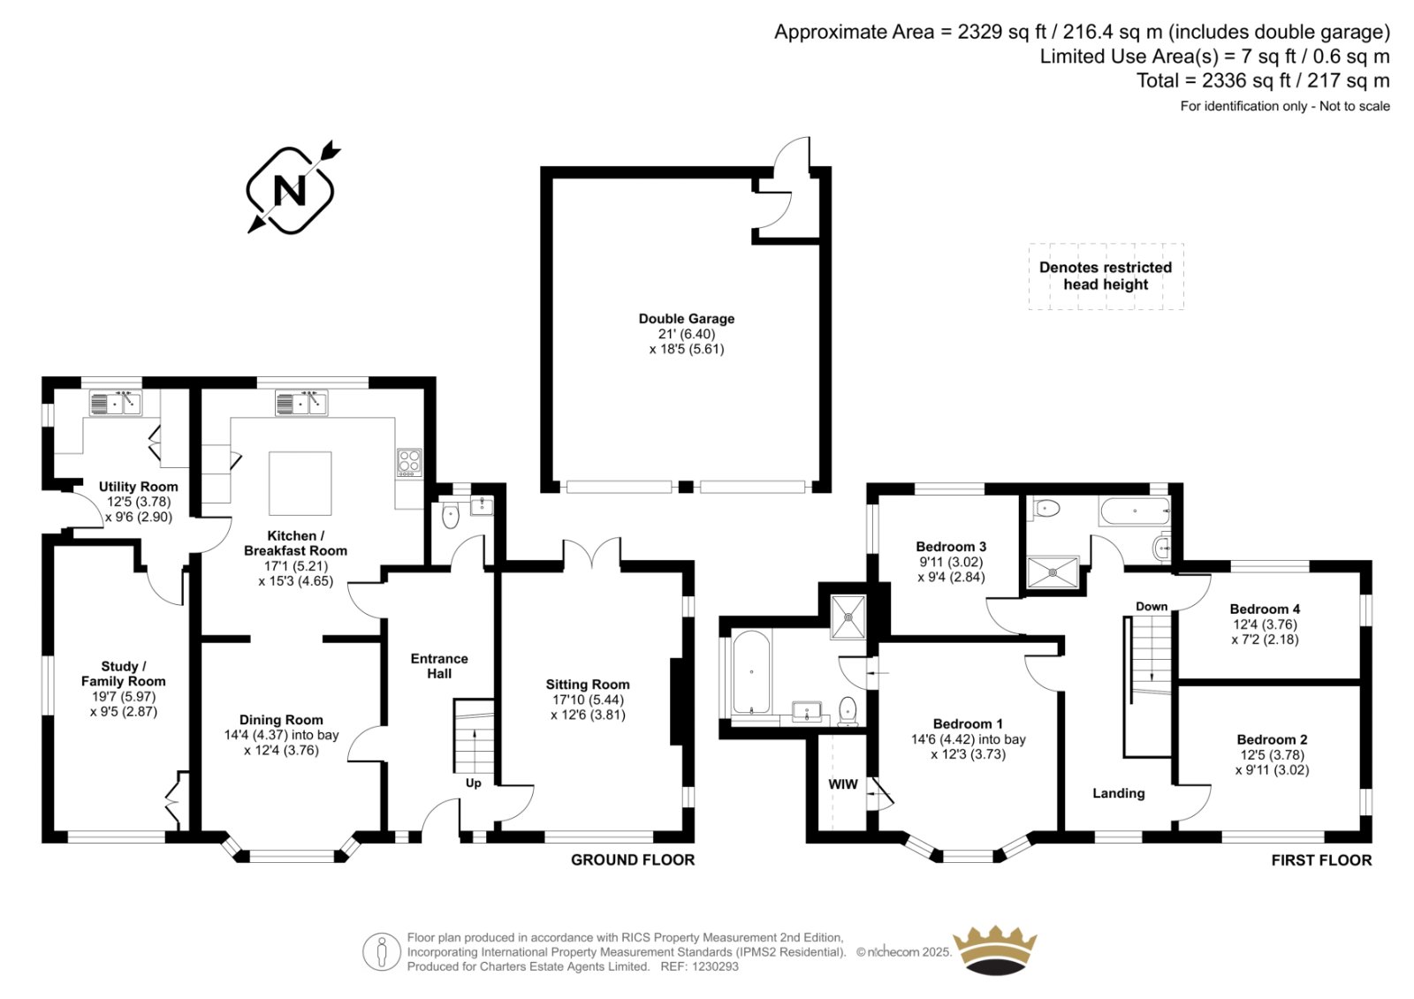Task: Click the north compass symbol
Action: click(x=293, y=190)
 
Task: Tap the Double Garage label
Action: click(x=686, y=319)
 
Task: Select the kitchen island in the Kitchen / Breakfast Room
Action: click(x=300, y=483)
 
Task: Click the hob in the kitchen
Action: click(x=409, y=462)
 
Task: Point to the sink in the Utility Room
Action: click(x=116, y=403)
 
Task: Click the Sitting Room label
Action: click(x=588, y=684)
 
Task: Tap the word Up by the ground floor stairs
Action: click(x=474, y=783)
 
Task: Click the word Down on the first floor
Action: click(x=1152, y=607)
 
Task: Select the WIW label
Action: click(x=843, y=783)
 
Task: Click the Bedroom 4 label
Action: click(x=1265, y=609)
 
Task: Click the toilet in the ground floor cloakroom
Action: click(x=451, y=515)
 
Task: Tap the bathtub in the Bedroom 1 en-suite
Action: click(x=751, y=672)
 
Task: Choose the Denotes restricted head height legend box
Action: click(x=1106, y=276)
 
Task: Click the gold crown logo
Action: click(x=995, y=951)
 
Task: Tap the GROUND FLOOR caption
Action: click(x=633, y=860)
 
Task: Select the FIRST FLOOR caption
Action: click(x=1321, y=861)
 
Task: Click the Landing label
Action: click(x=1119, y=793)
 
